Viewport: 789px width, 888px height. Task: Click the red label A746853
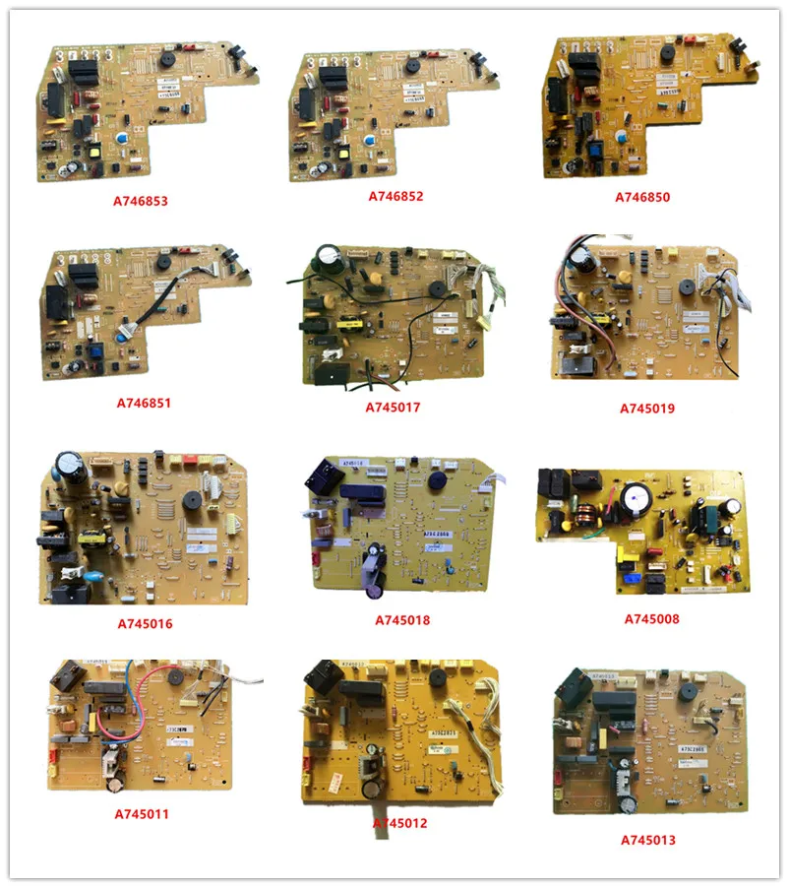pos(139,200)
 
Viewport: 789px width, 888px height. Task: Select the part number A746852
pos(395,197)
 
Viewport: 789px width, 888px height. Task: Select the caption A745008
pos(651,619)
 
